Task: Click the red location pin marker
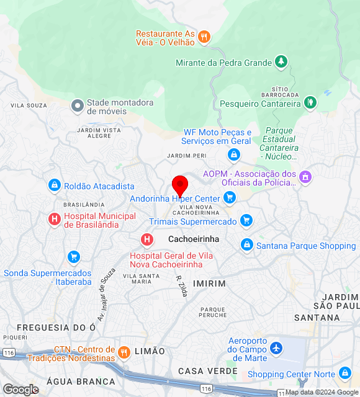tap(180, 185)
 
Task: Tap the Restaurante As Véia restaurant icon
tap(204, 38)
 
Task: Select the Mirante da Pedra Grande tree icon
tap(282, 62)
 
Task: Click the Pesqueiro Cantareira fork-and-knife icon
tap(310, 103)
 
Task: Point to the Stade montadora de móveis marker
tap(78, 106)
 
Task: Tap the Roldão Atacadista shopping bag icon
tap(55, 185)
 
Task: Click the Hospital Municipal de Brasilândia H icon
tap(55, 219)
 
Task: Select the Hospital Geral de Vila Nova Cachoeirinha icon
tap(147, 239)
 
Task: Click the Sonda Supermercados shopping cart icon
tap(74, 257)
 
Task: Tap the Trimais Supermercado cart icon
tap(246, 221)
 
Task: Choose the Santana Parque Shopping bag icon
tap(246, 246)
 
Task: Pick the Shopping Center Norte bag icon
tap(345, 373)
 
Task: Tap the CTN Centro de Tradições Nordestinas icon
tap(124, 353)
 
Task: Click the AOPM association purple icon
tap(305, 177)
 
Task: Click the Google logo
tap(20, 390)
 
